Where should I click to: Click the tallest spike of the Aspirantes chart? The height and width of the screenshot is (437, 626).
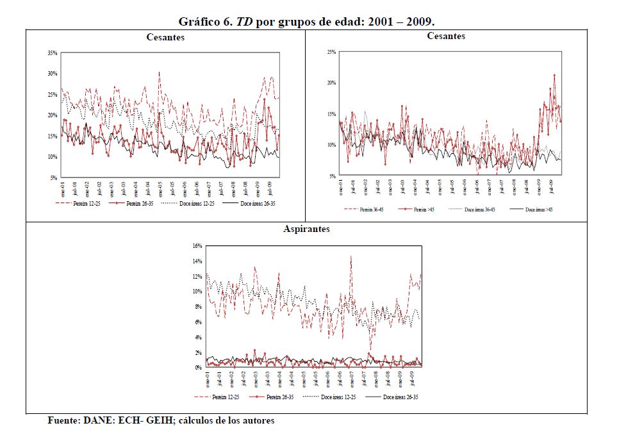351,256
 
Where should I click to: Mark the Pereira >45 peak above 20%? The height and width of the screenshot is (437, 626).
554,75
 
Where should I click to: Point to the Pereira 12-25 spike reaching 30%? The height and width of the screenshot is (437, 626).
159,72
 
